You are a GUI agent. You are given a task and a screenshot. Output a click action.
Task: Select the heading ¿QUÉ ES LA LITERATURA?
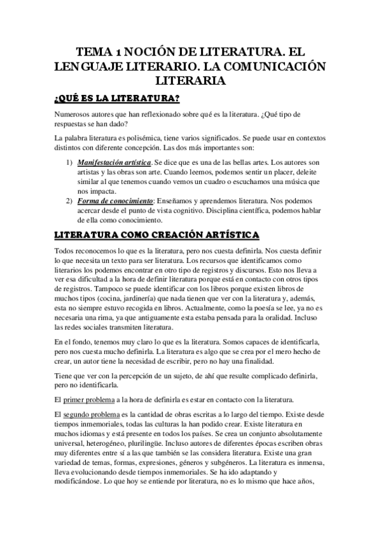pos(117,98)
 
